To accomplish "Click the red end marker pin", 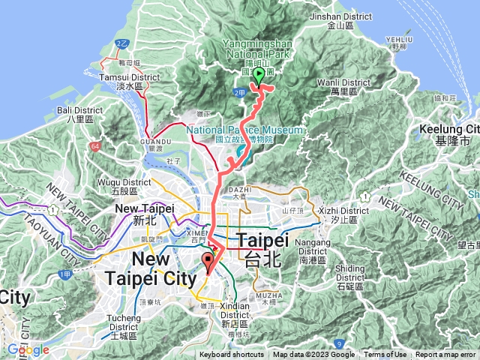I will point(208,262).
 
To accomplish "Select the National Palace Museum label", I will point(244,130).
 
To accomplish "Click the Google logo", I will point(28,349).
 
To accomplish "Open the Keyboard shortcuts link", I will point(232,355).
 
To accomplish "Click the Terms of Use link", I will point(385,355).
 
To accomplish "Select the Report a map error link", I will point(446,355).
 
